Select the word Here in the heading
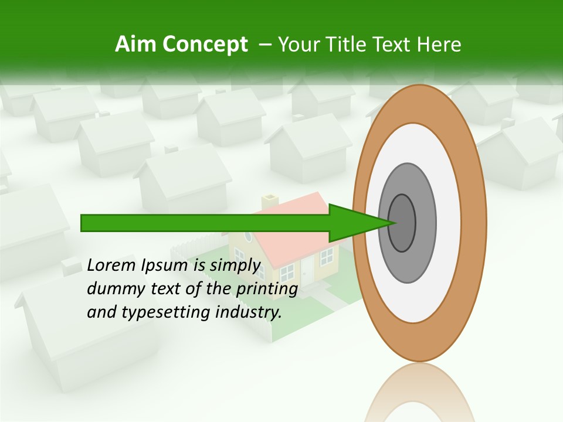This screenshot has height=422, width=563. click(x=439, y=45)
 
